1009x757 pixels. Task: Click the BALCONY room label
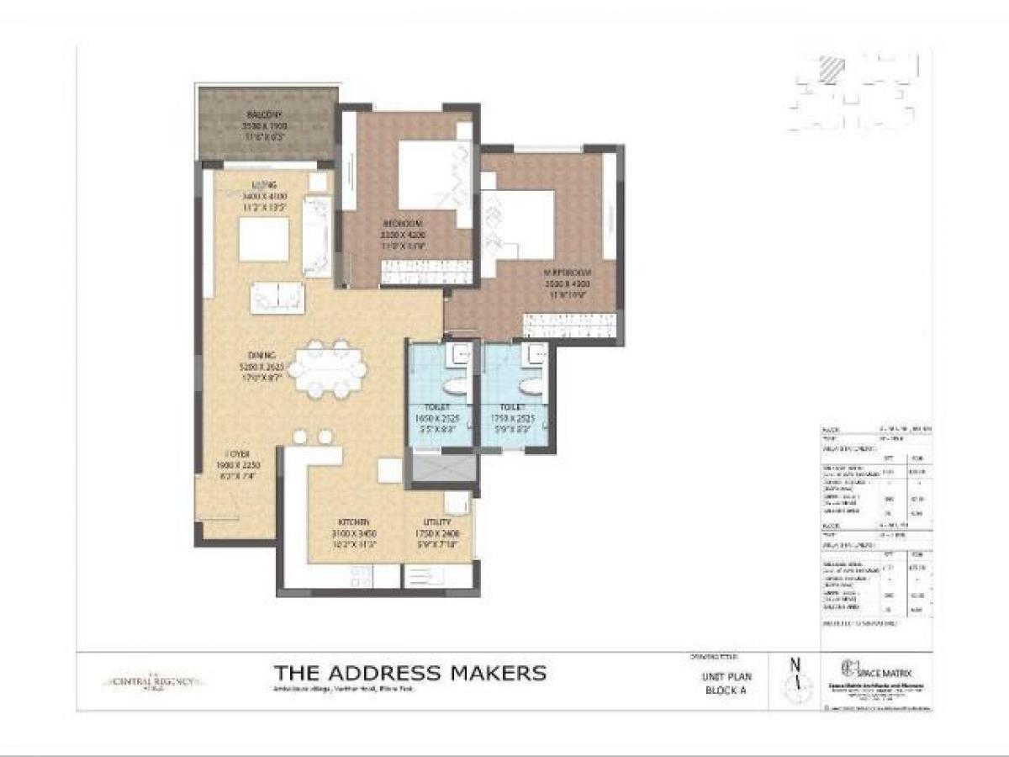coord(264,114)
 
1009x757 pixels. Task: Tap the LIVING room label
coord(266,185)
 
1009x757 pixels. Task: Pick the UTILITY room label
coord(436,522)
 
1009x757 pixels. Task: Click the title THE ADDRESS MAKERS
coord(410,673)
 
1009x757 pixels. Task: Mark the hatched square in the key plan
coord(831,68)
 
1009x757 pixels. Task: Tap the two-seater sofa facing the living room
coord(277,296)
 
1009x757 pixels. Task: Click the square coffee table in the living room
coord(263,240)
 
